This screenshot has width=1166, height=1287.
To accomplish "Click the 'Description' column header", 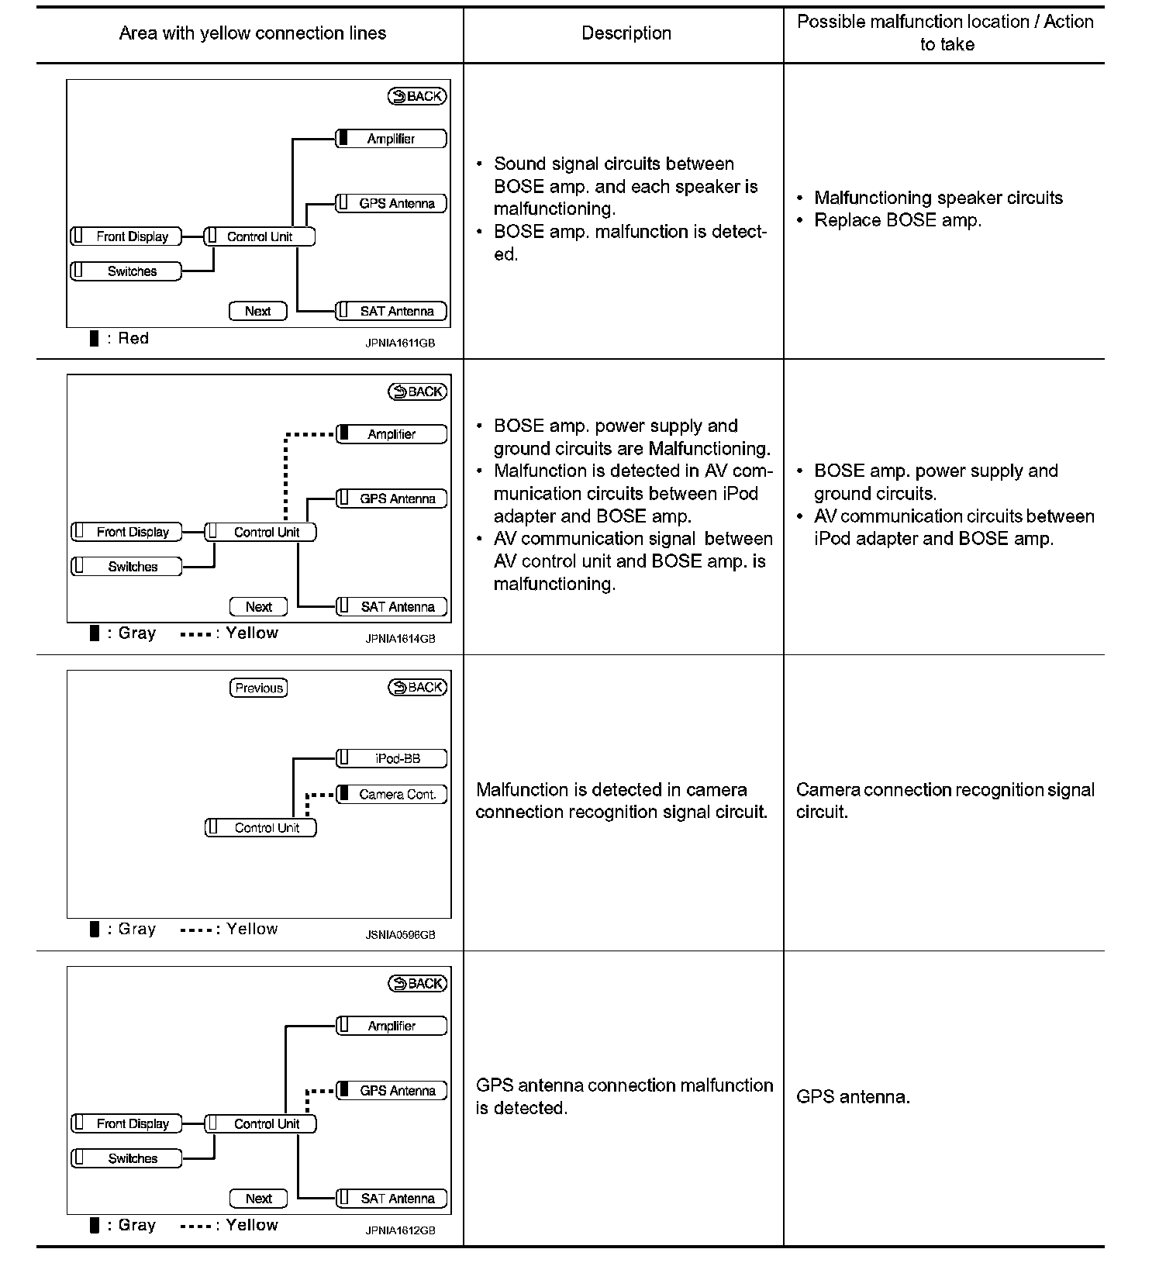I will point(626,33).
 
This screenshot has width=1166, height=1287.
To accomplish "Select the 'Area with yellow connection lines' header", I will point(252,33).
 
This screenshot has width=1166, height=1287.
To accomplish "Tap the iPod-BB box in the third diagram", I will point(392,758).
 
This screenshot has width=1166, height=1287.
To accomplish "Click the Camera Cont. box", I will point(392,795).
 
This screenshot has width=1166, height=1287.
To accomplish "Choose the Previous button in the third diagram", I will point(259,688).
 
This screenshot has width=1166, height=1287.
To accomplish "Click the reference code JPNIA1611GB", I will point(400,343).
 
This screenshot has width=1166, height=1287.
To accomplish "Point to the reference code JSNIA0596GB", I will point(400,935).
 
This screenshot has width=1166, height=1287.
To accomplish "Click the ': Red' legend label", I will point(133,338).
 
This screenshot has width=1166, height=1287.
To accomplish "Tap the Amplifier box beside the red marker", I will point(392,139).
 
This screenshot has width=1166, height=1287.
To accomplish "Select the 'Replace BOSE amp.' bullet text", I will point(898,220).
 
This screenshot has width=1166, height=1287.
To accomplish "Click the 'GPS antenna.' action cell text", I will point(853,1097).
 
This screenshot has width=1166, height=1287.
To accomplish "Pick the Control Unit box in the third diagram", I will point(261,828).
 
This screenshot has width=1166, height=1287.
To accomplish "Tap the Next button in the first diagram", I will point(258,311).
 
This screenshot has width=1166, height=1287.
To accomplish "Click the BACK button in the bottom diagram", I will point(418,984).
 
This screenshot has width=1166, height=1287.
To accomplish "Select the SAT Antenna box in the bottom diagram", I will point(392,1199).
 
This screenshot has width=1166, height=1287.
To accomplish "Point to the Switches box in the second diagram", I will point(127,567).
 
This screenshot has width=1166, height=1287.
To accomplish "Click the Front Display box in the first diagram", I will point(126,236).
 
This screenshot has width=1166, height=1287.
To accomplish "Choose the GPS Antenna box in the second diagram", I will point(392,499).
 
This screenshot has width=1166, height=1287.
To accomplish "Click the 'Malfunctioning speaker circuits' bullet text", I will point(938,198).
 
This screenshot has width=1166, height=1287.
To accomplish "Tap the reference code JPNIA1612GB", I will point(400,1230).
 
